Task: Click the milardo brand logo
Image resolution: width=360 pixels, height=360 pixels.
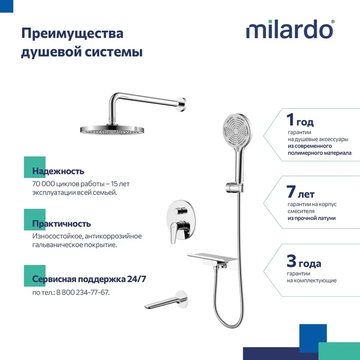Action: point(290,29)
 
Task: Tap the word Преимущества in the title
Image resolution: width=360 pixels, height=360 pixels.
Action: point(73,34)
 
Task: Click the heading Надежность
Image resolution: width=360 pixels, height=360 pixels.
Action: point(58,171)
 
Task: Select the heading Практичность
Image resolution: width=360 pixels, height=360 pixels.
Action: point(62,224)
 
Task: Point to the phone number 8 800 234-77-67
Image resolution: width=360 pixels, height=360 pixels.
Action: point(83,292)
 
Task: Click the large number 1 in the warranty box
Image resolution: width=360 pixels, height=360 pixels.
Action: point(290,119)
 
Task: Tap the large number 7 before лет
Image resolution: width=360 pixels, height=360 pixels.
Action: point(291,191)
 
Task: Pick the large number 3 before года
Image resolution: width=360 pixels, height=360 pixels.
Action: point(292,261)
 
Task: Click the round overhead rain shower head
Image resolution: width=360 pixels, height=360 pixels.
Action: point(112,130)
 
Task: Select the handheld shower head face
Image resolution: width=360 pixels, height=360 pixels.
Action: point(237,132)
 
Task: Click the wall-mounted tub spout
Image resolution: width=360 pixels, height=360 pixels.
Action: point(167,301)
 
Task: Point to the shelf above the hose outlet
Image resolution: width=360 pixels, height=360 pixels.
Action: point(212,258)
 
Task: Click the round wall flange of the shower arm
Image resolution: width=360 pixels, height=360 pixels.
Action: point(182,104)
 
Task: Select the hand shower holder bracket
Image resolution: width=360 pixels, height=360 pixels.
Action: point(235,187)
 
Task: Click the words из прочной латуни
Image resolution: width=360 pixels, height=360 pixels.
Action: point(312,218)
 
